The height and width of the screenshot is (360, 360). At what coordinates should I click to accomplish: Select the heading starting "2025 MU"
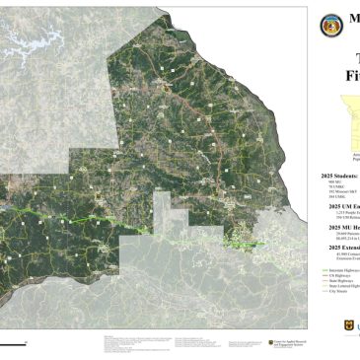click(335, 226)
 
